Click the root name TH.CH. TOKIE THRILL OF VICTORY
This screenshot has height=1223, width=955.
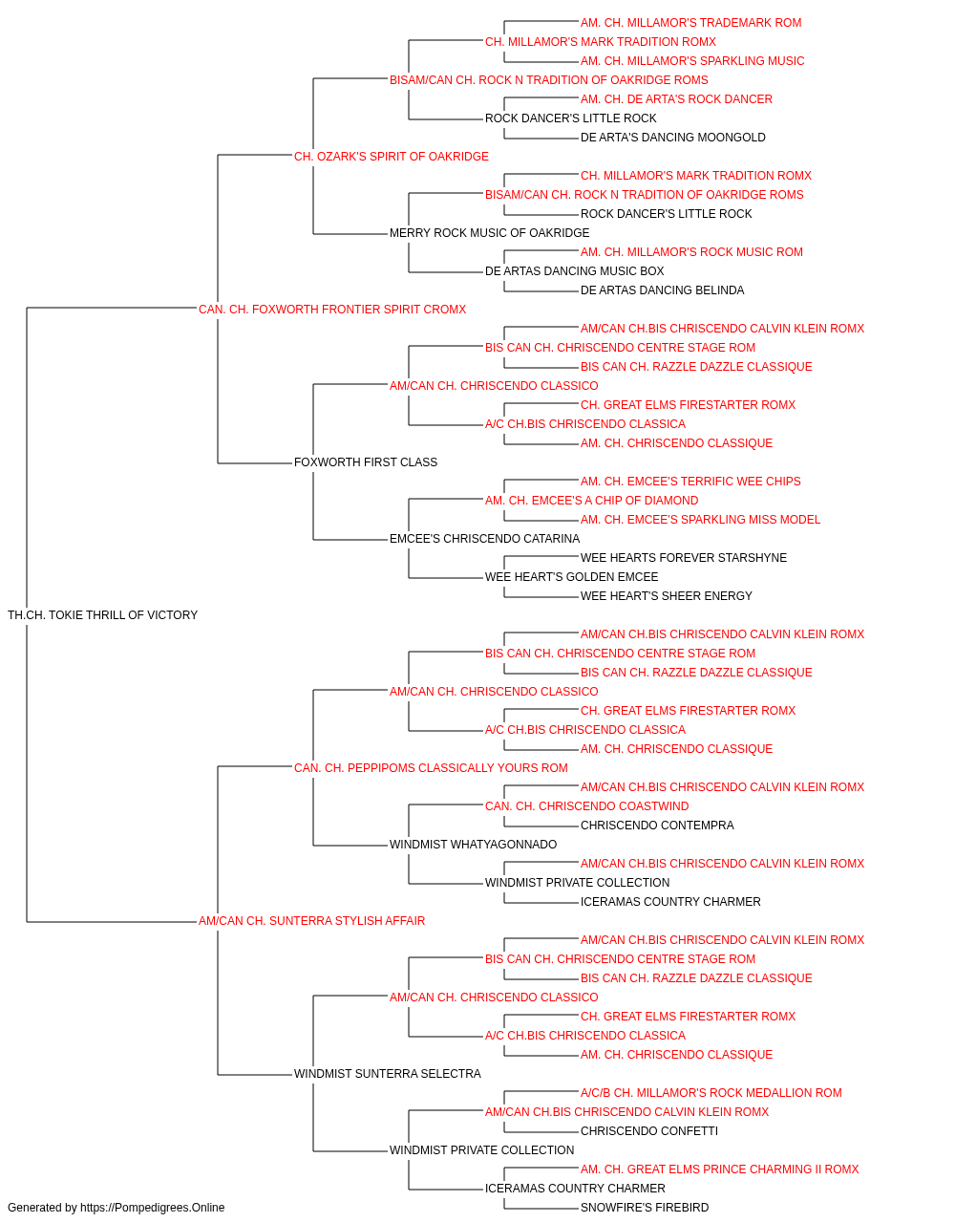[102, 615]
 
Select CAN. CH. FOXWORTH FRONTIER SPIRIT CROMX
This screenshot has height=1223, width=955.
[332, 310]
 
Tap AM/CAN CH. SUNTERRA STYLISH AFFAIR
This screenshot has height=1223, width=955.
[311, 921]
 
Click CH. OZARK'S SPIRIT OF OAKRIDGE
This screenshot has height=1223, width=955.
[392, 157]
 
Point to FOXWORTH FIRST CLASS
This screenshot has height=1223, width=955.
[366, 462]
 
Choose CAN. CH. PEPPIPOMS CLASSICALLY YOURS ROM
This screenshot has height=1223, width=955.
[431, 767]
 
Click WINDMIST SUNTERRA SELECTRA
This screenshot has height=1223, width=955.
[388, 1073]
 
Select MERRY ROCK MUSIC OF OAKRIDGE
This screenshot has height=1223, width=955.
[489, 233]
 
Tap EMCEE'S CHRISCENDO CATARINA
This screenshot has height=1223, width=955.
[484, 539]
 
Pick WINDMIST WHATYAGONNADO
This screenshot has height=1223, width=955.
[473, 845]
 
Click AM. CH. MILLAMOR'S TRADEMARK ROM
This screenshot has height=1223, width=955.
[690, 23]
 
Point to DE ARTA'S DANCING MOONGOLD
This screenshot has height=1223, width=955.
[672, 138]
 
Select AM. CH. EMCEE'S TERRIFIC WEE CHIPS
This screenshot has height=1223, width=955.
[690, 482]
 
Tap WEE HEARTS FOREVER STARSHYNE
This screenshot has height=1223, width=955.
[684, 558]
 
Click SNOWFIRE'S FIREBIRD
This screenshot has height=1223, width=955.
[645, 1208]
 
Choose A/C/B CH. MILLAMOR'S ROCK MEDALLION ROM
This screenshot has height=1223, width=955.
[711, 1092]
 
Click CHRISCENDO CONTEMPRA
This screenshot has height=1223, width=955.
[657, 826]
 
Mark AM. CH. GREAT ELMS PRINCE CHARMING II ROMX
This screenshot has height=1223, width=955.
[719, 1169]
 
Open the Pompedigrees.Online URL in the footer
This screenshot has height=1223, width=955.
[153, 1208]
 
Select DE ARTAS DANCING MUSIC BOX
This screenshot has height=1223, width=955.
[574, 271]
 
